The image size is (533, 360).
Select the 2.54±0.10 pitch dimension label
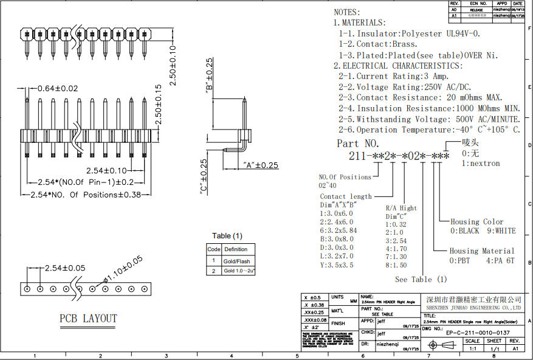tap(107, 171)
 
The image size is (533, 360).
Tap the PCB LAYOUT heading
tap(88, 318)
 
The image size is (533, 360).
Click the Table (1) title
tap(227, 236)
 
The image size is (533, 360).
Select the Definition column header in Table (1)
tap(236, 249)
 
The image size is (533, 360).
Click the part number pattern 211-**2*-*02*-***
tap(399, 157)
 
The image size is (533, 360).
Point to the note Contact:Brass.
tap(378, 44)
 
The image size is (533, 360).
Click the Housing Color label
tap(477, 222)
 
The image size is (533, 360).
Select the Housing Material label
tap(481, 251)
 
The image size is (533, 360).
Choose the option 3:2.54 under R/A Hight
tap(396, 241)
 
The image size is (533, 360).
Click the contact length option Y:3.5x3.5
tap(337, 265)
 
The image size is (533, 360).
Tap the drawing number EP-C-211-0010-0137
tap(478, 333)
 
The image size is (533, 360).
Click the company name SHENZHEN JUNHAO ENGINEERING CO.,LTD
tap(473, 308)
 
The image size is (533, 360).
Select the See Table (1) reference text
tap(421, 279)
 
